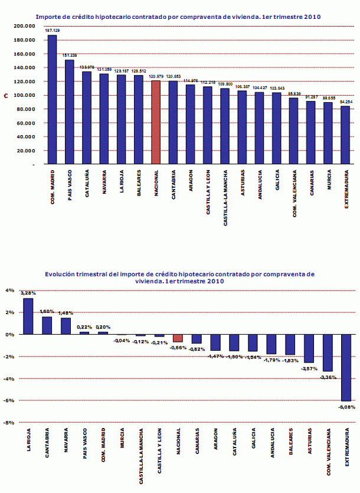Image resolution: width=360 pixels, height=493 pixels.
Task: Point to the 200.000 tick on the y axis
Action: pyautogui.click(x=24, y=26)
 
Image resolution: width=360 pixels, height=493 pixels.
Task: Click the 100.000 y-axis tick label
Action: pyautogui.click(x=24, y=95)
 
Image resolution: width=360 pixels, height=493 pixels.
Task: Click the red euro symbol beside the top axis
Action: pyautogui.click(x=6, y=95)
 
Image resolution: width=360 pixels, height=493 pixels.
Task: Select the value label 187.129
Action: pyautogui.click(x=53, y=31)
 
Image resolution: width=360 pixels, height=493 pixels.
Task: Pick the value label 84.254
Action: pyautogui.click(x=346, y=102)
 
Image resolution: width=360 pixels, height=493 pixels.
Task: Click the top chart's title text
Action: pyautogui.click(x=178, y=17)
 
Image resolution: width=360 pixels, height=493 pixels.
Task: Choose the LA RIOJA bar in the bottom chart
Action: pyautogui.click(x=28, y=316)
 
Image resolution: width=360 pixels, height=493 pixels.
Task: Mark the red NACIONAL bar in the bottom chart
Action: pyautogui.click(x=178, y=338)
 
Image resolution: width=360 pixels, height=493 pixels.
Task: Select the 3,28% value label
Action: pyautogui.click(x=28, y=293)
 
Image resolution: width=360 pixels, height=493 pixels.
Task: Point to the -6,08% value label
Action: pyautogui.click(x=346, y=406)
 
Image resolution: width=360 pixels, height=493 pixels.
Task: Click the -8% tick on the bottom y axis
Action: pyautogui.click(x=9, y=423)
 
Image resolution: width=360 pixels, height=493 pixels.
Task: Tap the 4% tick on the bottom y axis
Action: pyautogui.click(x=9, y=290)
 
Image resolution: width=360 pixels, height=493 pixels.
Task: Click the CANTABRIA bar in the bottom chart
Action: pyautogui.click(x=46, y=325)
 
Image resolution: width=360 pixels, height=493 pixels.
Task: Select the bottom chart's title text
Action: pyautogui.click(x=179, y=277)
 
